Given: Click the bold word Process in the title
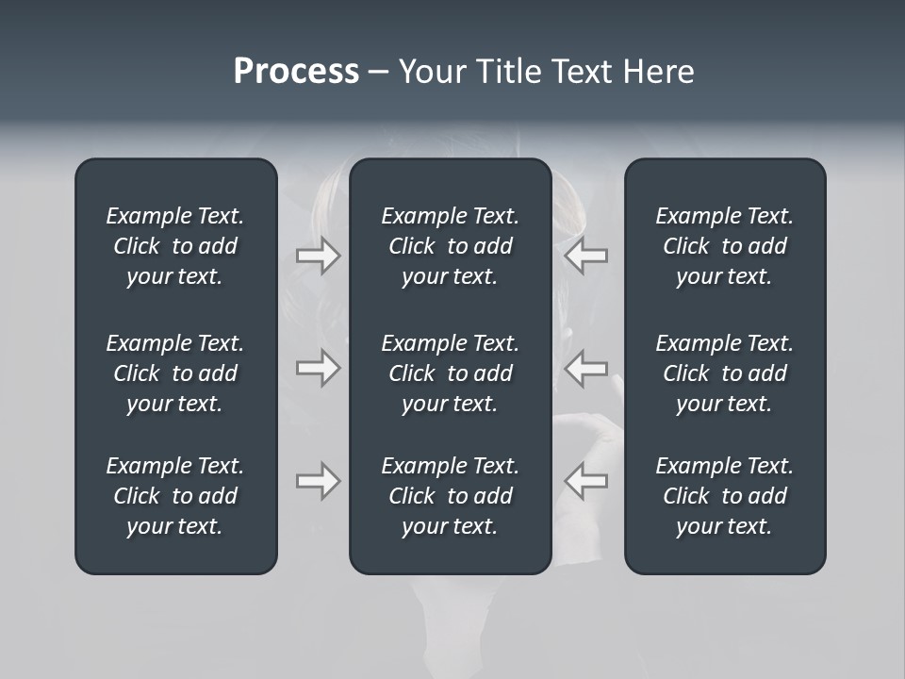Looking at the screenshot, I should tap(296, 72).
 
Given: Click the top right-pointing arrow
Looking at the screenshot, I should tap(319, 256).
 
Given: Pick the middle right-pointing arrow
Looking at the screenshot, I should tap(319, 368).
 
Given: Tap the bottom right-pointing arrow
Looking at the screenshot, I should tap(319, 481).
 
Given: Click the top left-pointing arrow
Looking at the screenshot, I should tap(585, 256).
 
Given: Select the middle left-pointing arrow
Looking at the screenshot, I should tap(585, 368).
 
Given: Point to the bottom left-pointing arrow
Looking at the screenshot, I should tap(585, 481).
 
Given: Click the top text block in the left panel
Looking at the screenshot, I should tap(175, 246).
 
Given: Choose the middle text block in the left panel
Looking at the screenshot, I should tap(175, 373).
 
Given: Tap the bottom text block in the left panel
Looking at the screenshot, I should tap(175, 496).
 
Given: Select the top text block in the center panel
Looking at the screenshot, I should tap(450, 246).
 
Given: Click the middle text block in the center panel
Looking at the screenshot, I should tap(450, 373).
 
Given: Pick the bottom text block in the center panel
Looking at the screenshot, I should tap(450, 496).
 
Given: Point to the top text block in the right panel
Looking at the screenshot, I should tap(724, 246).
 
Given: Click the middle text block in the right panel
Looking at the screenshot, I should tap(724, 373).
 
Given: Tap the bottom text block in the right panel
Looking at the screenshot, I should tap(724, 496).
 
